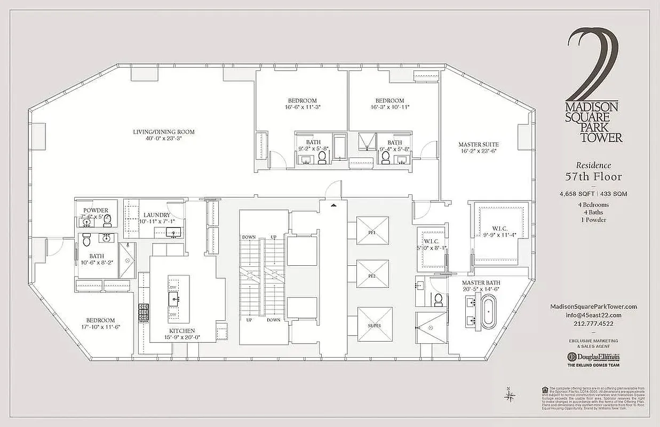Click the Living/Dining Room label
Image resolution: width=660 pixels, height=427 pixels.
[164, 132]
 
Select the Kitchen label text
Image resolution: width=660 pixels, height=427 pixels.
[182, 331]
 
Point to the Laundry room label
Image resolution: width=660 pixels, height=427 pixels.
[157, 215]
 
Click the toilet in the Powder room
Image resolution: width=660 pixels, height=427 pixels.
[107, 220]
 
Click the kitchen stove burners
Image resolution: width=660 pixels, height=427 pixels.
[144, 312]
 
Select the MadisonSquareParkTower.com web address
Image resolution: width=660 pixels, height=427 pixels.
[593, 306]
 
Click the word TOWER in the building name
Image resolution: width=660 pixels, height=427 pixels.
[602, 138]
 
